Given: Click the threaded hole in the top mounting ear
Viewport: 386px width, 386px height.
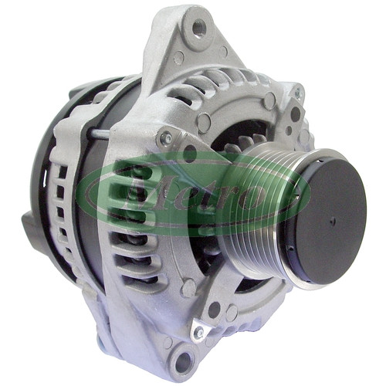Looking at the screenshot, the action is pyautogui.click(x=198, y=28).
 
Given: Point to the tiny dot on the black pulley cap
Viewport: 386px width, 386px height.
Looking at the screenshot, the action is pyautogui.click(x=334, y=220).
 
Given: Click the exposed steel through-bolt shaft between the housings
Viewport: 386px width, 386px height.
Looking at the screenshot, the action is pyautogui.click(x=99, y=134).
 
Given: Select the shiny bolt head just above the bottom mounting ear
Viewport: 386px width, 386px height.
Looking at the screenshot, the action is pyautogui.click(x=198, y=333).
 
